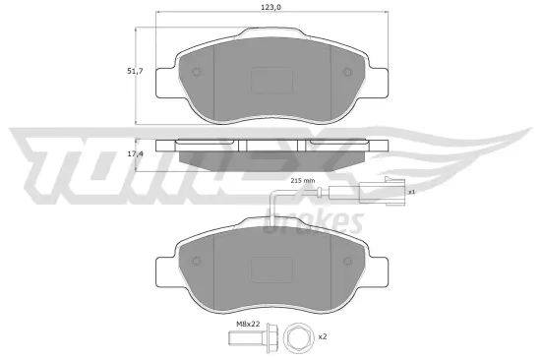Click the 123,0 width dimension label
click(269, 8)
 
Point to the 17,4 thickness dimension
click(137, 154)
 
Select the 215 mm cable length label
click(302, 181)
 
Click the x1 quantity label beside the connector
click(412, 192)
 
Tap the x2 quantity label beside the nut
click(321, 337)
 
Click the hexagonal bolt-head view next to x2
click(294, 338)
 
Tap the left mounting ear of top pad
click(167, 79)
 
